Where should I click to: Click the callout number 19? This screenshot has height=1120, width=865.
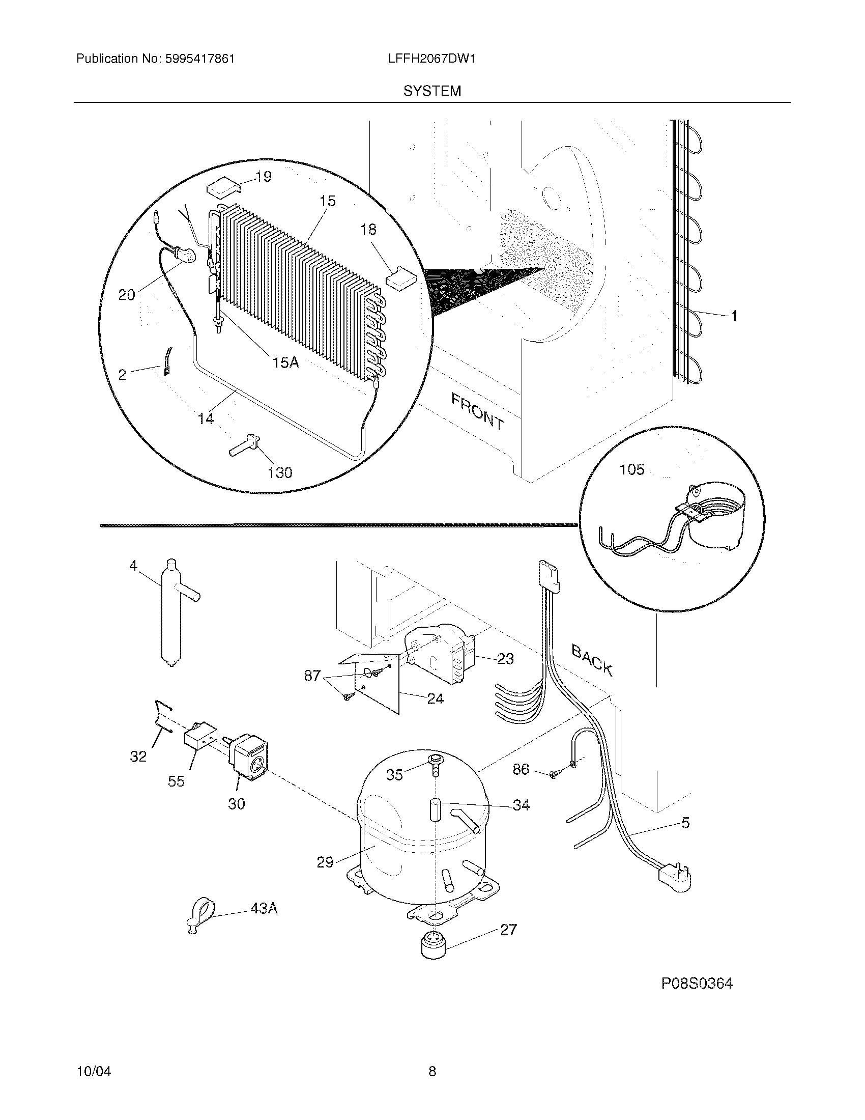pyautogui.click(x=264, y=177)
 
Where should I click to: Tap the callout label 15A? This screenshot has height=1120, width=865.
pyautogui.click(x=286, y=362)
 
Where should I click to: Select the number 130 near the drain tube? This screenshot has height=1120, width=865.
pyautogui.click(x=280, y=472)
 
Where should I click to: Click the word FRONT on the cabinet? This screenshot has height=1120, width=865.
pyautogui.click(x=477, y=411)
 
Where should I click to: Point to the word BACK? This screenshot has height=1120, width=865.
pyautogui.click(x=592, y=660)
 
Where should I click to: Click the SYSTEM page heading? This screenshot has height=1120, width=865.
pyautogui.click(x=432, y=91)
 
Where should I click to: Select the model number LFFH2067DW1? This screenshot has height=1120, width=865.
pyautogui.click(x=432, y=59)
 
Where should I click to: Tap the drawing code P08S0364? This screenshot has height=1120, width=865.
pyautogui.click(x=697, y=984)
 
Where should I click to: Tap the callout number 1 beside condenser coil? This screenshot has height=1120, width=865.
pyautogui.click(x=734, y=317)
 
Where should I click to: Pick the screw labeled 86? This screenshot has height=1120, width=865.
pyautogui.click(x=553, y=789)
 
